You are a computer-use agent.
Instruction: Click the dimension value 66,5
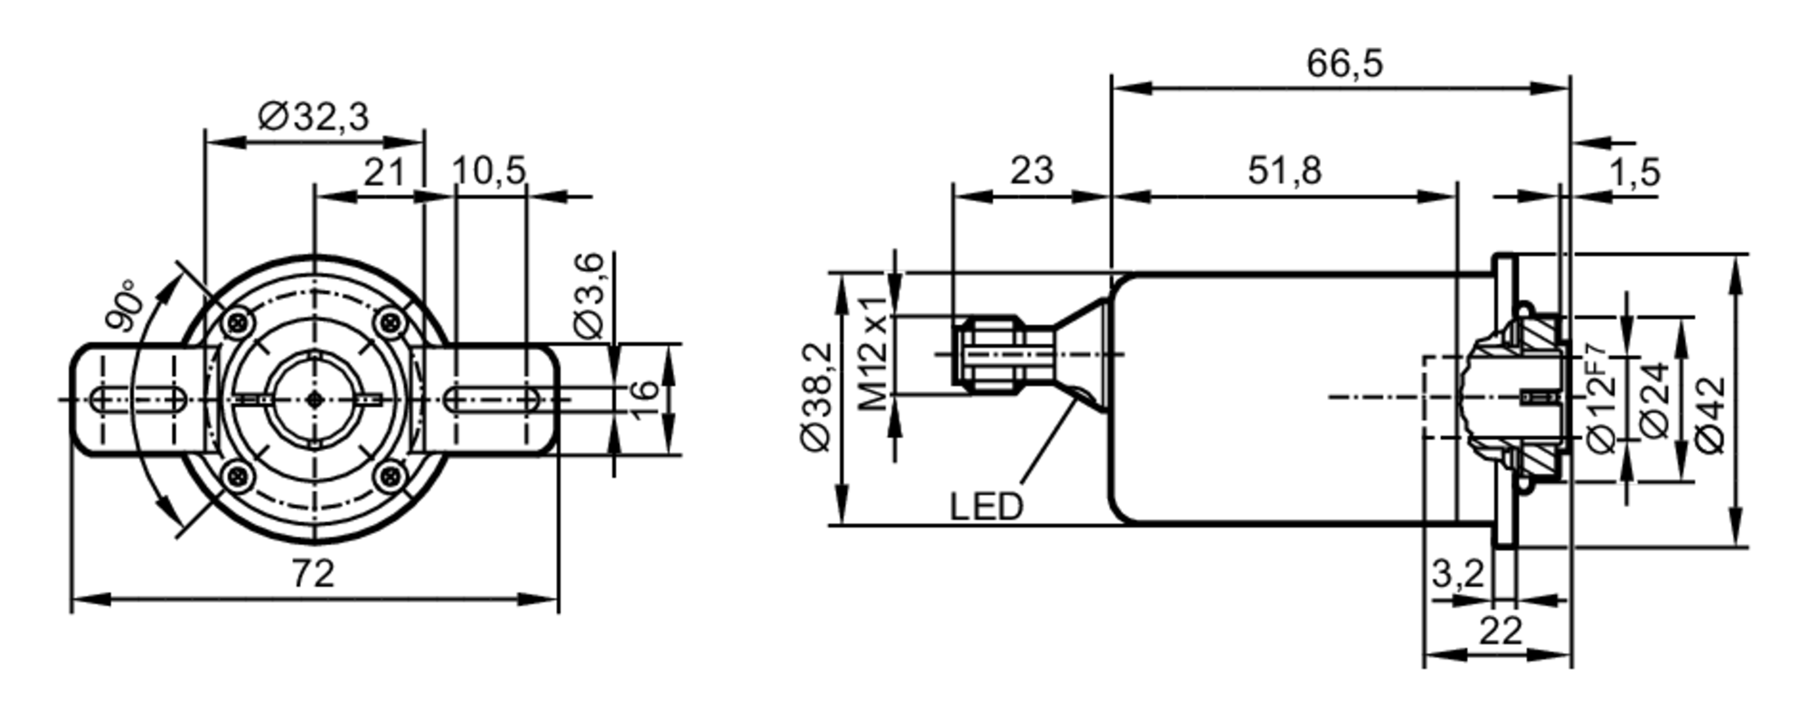pyautogui.click(x=1344, y=64)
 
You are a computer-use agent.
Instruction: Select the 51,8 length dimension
pyautogui.click(x=1285, y=171)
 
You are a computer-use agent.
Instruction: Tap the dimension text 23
pyautogui.click(x=1031, y=171)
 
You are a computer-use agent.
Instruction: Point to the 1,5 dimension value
pyautogui.click(x=1634, y=172)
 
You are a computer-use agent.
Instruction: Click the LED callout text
pyautogui.click(x=986, y=507)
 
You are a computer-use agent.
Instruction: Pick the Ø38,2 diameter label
pyautogui.click(x=816, y=397)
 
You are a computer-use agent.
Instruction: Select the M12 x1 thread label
pyautogui.click(x=874, y=352)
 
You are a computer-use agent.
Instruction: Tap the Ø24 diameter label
pyautogui.click(x=1655, y=400)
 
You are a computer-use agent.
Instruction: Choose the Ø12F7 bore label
pyautogui.click(x=1600, y=398)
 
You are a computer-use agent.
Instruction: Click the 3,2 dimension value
pyautogui.click(x=1457, y=573)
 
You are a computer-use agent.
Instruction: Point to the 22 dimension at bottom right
pyautogui.click(x=1501, y=631)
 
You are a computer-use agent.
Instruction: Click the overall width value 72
pyautogui.click(x=313, y=574)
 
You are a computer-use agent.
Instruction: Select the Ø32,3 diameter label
pyautogui.click(x=314, y=117)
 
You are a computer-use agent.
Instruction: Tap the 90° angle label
pyautogui.click(x=124, y=305)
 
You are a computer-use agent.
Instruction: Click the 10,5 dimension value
pyautogui.click(x=488, y=171)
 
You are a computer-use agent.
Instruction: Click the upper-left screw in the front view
pyautogui.click(x=238, y=321)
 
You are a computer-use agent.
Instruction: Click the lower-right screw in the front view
pyautogui.click(x=390, y=474)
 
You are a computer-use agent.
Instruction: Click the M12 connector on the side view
pyautogui.click(x=990, y=353)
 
